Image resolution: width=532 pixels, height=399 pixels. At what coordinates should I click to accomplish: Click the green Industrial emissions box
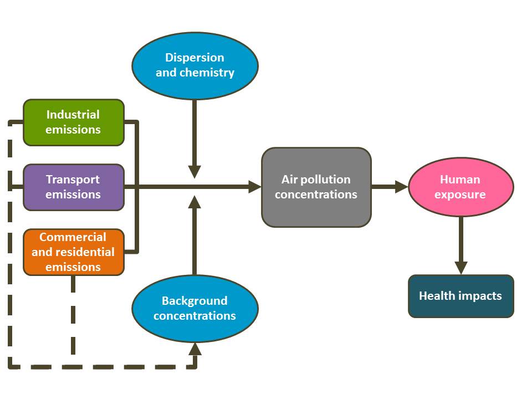(x=73, y=122)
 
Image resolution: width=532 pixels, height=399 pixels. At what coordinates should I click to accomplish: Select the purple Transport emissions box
(x=73, y=187)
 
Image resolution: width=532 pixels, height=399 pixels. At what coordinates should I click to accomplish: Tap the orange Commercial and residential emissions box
(x=73, y=252)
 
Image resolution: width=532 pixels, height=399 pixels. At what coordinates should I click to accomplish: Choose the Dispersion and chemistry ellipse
(x=195, y=65)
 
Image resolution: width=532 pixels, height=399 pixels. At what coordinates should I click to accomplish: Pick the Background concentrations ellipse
(x=195, y=308)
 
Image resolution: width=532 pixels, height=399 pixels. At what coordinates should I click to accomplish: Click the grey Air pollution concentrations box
(x=316, y=187)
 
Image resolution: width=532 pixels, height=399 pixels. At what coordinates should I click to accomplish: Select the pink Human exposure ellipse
(x=461, y=187)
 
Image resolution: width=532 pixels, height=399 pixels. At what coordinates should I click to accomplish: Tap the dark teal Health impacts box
(x=461, y=296)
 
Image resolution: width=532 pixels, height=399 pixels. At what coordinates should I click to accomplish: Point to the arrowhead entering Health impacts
(x=461, y=268)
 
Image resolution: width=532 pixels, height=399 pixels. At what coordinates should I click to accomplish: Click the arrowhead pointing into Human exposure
(x=402, y=187)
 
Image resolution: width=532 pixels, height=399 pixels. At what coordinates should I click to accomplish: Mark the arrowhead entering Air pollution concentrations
(x=255, y=187)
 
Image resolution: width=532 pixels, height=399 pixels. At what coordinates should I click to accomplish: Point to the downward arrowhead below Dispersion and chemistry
(x=195, y=171)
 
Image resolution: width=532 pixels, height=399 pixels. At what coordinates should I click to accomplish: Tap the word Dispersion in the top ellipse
(x=195, y=58)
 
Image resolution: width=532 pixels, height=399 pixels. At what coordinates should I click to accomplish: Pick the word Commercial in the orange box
(x=73, y=237)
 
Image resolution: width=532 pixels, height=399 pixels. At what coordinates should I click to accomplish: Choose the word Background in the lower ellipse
(x=195, y=301)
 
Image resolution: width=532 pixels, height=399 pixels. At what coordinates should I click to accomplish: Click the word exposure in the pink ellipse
(x=461, y=195)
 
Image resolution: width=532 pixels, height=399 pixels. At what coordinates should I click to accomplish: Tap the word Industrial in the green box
(x=73, y=115)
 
